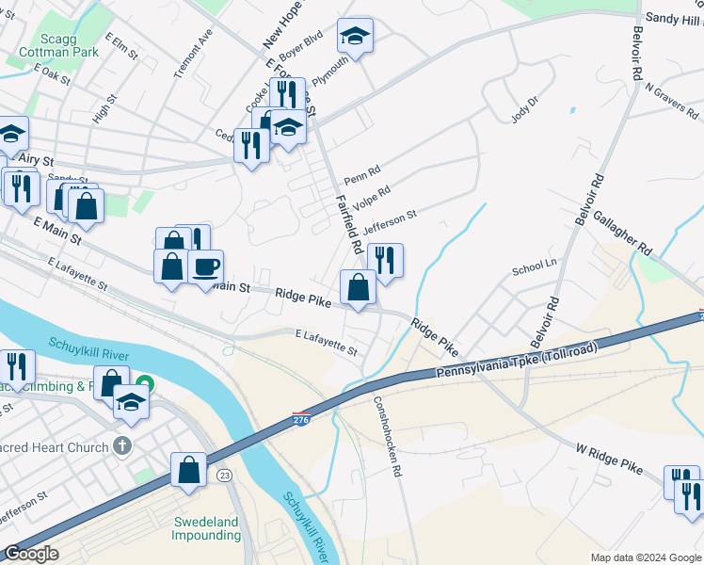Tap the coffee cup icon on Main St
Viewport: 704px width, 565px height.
(205, 266)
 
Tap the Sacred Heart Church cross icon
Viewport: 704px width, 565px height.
(121, 447)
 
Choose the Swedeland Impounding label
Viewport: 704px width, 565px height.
(205, 528)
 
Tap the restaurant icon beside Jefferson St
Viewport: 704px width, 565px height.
(385, 260)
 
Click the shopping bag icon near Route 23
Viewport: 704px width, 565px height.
(188, 469)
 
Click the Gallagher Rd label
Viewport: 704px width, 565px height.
(622, 233)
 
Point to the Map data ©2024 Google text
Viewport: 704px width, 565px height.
(645, 557)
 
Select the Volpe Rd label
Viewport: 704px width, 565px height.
(371, 198)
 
